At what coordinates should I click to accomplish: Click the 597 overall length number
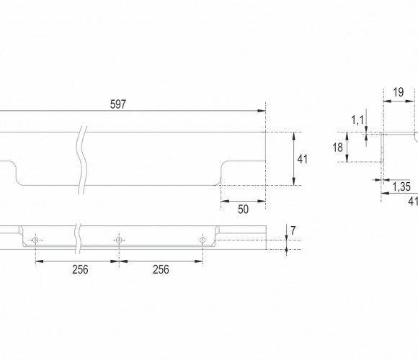coord(117,104)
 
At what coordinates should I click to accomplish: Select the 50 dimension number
coord(243,210)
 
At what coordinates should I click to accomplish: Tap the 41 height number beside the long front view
coord(302,159)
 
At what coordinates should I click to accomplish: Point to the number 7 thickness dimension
coord(293,230)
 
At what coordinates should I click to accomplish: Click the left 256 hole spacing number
coord(80,269)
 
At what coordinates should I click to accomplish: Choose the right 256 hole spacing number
coord(161,269)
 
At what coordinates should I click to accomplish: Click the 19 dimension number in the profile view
coord(399,92)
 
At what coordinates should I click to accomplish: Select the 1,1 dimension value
coord(357,120)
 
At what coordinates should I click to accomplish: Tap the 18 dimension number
coord(337,148)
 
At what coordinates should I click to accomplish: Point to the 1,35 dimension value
coord(401,187)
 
